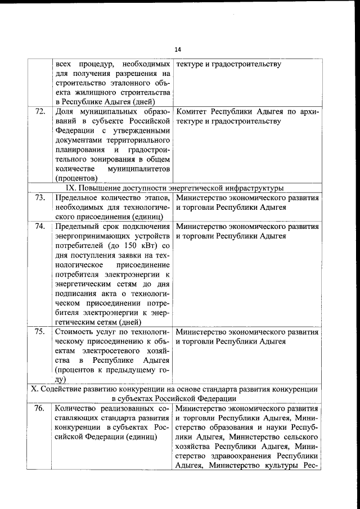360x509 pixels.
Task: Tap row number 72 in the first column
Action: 40,111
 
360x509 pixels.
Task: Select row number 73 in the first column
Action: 40,197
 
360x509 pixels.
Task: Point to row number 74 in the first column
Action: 40,227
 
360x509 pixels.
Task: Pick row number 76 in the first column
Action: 40,408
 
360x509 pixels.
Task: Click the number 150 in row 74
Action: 127,246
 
